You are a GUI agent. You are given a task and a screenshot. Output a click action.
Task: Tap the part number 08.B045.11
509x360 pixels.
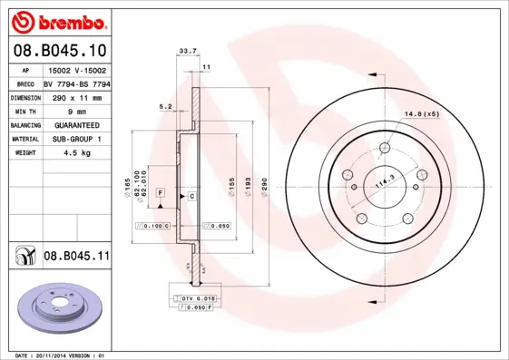[76, 257]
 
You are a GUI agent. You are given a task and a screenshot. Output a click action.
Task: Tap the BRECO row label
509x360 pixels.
[25, 82]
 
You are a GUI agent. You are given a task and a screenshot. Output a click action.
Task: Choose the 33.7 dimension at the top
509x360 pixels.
[188, 52]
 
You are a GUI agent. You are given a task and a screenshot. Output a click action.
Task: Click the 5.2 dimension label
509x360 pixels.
[165, 106]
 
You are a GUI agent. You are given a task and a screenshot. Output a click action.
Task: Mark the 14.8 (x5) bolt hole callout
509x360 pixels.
[420, 113]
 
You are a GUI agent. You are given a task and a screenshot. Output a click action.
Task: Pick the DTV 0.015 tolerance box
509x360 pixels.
[197, 297]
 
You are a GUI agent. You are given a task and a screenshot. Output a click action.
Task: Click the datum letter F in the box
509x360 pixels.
[159, 194]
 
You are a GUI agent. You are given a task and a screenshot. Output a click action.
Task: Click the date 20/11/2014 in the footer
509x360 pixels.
[60, 355]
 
